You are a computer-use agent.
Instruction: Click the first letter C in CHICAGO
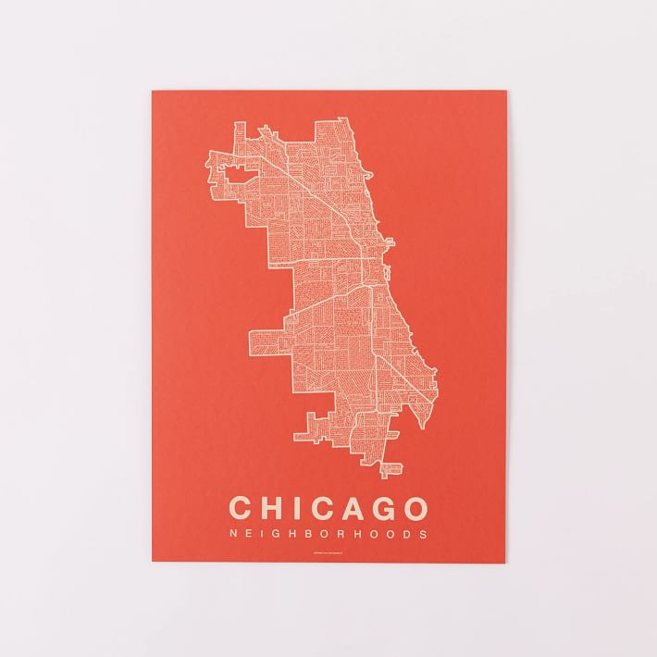click(241, 508)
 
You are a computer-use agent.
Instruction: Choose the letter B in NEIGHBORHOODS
click(310, 534)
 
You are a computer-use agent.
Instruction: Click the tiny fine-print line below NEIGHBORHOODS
click(328, 554)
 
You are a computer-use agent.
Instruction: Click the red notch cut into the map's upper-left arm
click(231, 170)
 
